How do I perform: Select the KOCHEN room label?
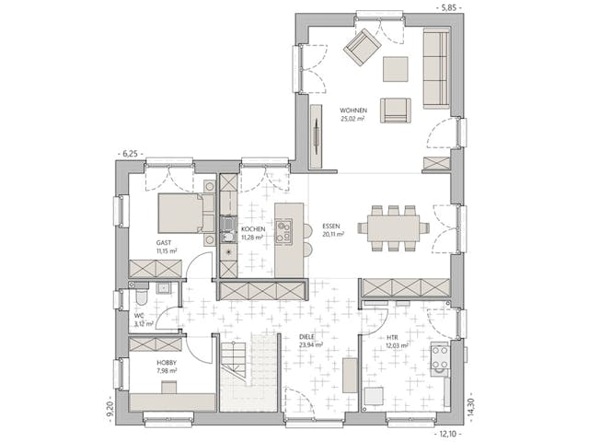tap(253, 228)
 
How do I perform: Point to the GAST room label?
tap(163, 243)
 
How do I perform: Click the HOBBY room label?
tap(167, 363)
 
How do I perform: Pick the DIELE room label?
tap(307, 338)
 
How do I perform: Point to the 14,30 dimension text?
tap(472, 405)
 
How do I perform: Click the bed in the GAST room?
tap(180, 213)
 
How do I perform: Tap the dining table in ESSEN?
tap(393, 227)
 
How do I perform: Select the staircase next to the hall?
tap(248, 372)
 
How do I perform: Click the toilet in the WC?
tap(141, 300)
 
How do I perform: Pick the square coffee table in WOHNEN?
tap(396, 70)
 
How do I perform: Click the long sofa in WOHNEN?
tap(435, 68)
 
